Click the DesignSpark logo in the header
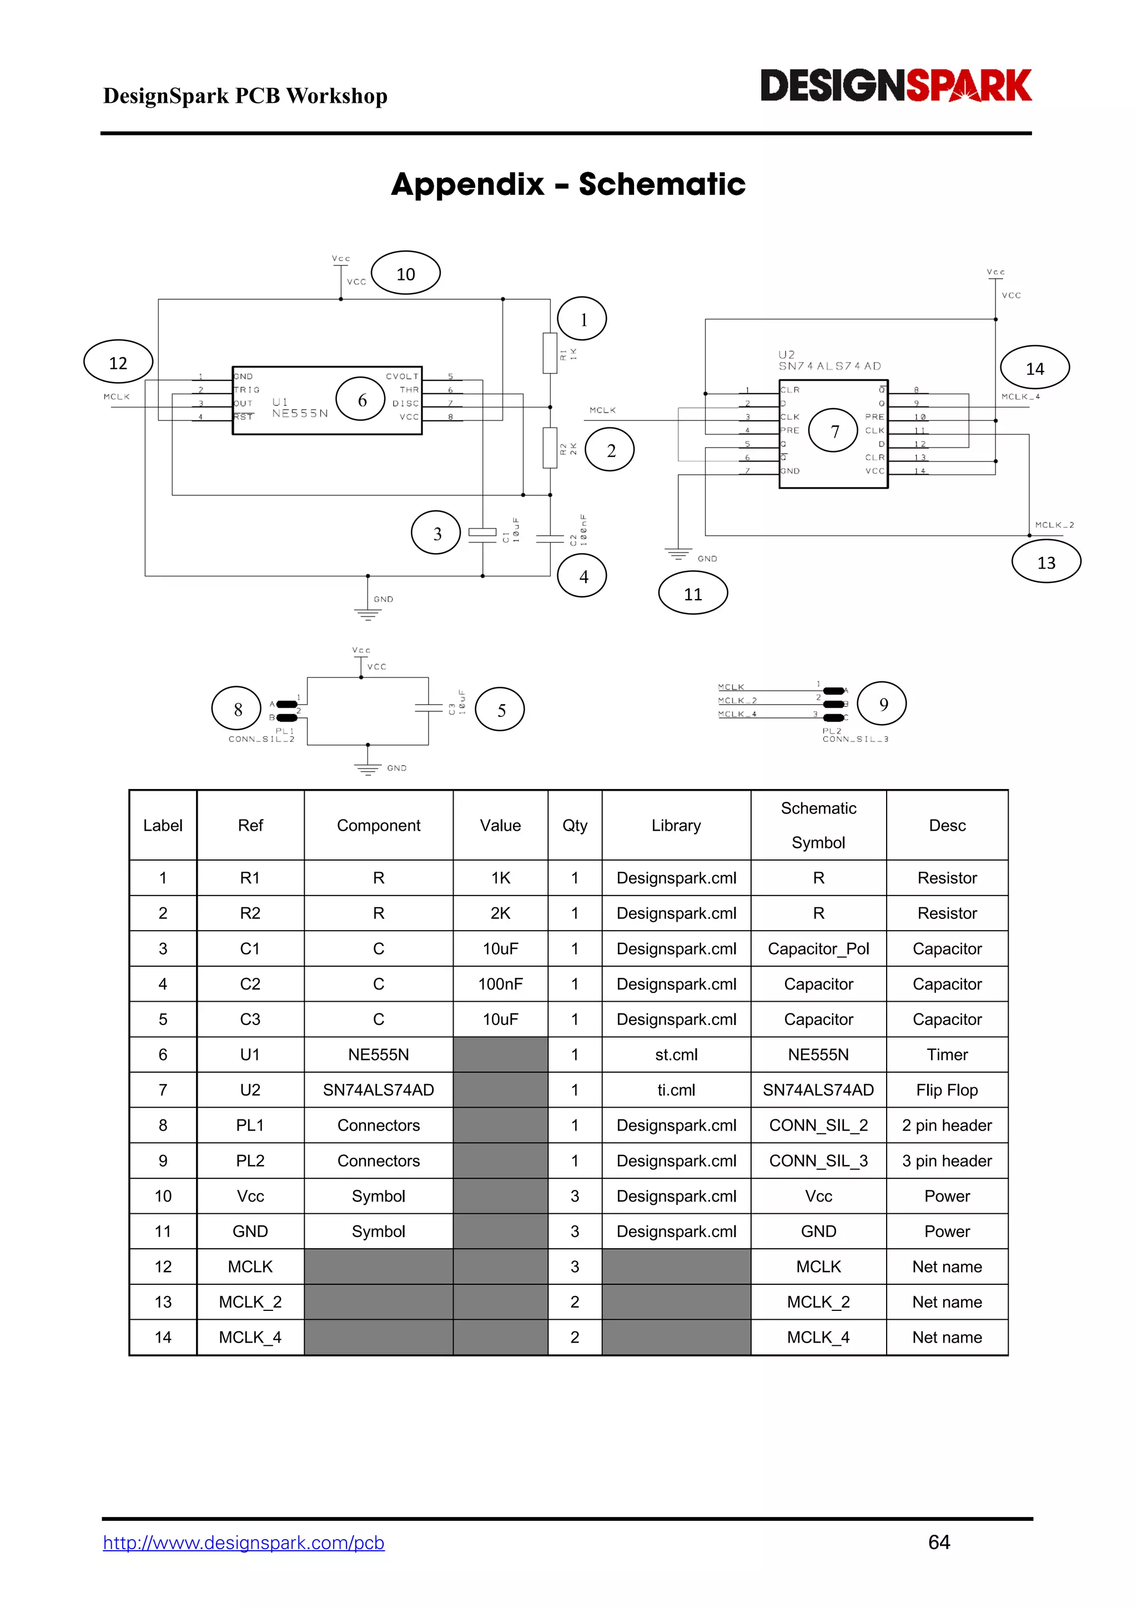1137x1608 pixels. coord(895,86)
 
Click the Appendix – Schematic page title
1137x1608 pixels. coord(568,184)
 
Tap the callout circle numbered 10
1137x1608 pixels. coord(405,273)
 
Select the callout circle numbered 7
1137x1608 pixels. coord(833,431)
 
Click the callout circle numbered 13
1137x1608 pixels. coord(1046,562)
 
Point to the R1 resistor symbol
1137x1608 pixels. coord(550,353)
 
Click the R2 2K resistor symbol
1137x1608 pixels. coord(550,448)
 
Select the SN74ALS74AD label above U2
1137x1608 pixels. coord(829,365)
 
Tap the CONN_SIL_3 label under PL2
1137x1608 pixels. coord(855,739)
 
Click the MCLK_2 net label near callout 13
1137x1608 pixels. coord(1054,525)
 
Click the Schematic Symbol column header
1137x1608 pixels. coord(818,825)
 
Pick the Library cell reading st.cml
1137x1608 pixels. coord(676,1055)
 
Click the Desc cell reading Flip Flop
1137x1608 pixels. coord(947,1090)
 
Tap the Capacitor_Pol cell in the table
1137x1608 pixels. coord(818,949)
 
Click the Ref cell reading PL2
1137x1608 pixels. coord(250,1160)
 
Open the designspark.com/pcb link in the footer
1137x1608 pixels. coord(244,1543)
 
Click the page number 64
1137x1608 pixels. coord(939,1542)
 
